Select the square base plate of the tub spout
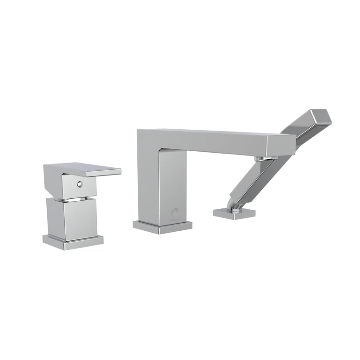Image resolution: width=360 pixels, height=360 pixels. tap(162, 226)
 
